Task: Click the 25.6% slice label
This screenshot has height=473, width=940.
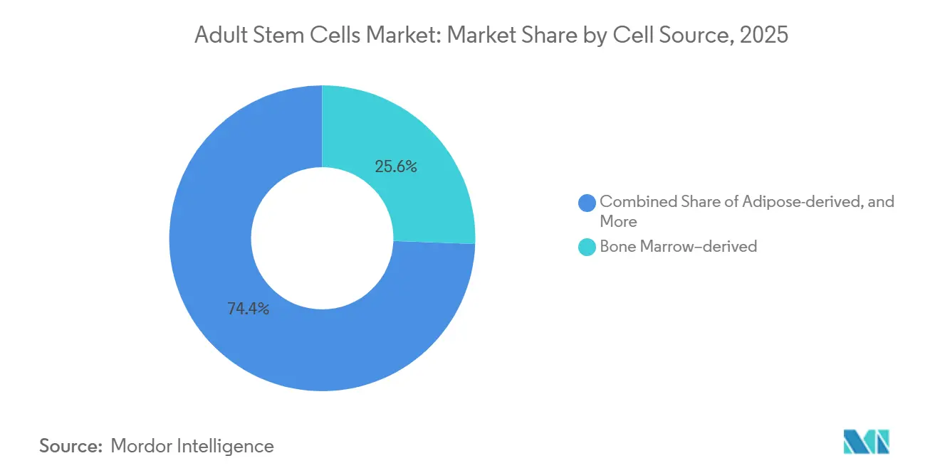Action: pos(395,167)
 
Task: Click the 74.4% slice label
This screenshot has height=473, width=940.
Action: pos(248,309)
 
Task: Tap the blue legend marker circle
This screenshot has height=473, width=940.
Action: pos(587,203)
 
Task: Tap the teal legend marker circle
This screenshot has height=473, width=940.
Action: pos(587,248)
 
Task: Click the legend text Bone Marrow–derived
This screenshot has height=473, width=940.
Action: pos(678,247)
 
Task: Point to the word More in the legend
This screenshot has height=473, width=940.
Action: pos(618,221)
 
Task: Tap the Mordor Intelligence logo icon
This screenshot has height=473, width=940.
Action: pos(866,442)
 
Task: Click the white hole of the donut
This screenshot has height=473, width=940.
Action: pos(322,238)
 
